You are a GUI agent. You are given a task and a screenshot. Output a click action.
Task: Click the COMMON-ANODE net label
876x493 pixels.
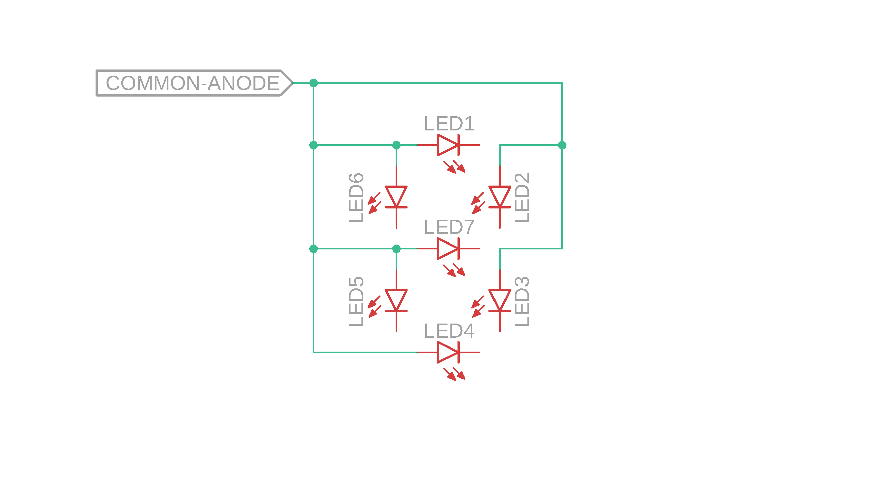193,83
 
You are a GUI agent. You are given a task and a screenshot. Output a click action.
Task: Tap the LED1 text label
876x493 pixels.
449,124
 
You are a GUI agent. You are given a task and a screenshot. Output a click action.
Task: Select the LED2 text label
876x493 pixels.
522,198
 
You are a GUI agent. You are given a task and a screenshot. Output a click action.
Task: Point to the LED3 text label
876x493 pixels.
522,301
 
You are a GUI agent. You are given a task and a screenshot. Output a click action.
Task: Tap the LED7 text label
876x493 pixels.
449,227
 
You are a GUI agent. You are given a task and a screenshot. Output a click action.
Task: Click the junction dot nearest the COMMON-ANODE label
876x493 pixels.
313,83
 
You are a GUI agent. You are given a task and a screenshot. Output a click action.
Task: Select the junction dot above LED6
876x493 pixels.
396,145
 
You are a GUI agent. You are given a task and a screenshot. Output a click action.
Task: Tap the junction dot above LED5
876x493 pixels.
396,249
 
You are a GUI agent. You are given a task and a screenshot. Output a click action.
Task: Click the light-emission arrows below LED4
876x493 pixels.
454,374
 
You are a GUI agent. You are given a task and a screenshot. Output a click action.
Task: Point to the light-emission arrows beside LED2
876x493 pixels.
478,203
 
